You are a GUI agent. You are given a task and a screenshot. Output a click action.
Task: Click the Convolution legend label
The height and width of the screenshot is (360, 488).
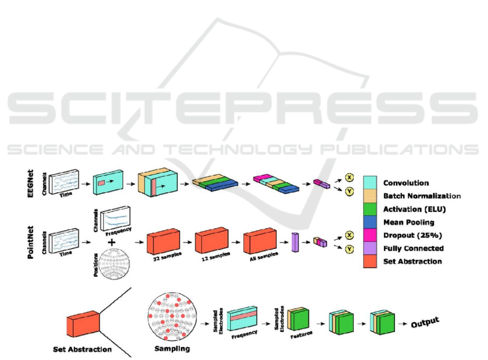pyautogui.click(x=406, y=183)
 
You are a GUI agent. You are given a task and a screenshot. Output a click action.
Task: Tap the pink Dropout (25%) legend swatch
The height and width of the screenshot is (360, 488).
pyautogui.click(x=369, y=235)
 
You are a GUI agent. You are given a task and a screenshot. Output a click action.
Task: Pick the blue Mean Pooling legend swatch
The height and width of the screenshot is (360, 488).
pyautogui.click(x=369, y=222)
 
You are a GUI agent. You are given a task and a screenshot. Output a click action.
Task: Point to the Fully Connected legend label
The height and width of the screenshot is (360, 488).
pyautogui.click(x=413, y=248)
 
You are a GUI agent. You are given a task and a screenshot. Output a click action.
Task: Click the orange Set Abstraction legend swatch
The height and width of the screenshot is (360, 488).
pyautogui.click(x=369, y=261)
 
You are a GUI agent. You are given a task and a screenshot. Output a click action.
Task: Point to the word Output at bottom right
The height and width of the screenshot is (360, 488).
pyautogui.click(x=425, y=323)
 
